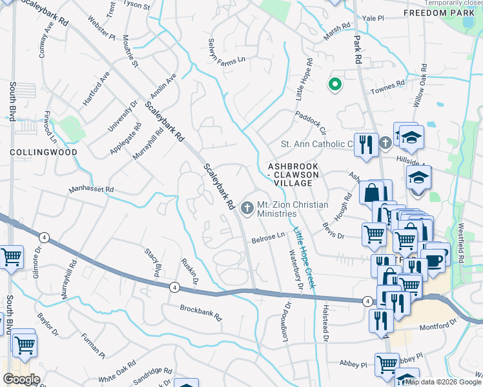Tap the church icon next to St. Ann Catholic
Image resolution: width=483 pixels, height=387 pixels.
click(385, 143)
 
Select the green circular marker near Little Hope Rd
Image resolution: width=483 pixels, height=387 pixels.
click(334, 84)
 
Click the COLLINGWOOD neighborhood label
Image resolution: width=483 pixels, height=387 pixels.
click(43, 152)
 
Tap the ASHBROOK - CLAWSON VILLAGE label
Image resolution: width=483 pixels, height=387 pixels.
click(293, 174)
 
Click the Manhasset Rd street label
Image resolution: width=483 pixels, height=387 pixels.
click(92, 190)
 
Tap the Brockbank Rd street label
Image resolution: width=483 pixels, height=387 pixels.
click(201, 313)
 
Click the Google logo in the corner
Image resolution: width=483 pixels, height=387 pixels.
click(21, 379)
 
